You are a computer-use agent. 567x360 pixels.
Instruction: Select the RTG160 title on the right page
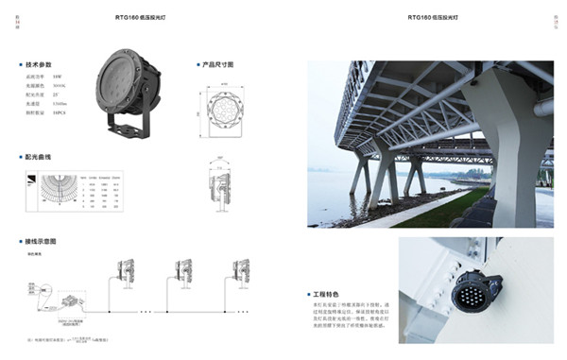point(433,18)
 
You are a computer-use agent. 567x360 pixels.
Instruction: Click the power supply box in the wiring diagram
point(69,301)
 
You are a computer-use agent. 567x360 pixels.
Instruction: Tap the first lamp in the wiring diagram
point(124,274)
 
